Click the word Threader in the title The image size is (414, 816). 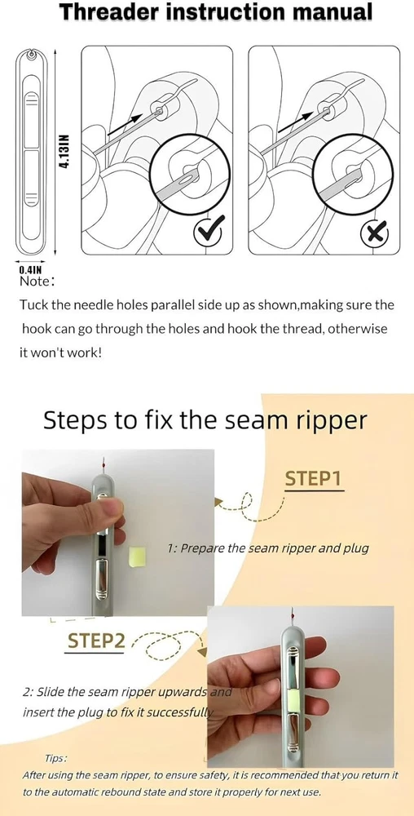pyautogui.click(x=109, y=12)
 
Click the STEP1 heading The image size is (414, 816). pyautogui.click(x=313, y=479)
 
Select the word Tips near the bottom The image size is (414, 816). pyautogui.click(x=56, y=758)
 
